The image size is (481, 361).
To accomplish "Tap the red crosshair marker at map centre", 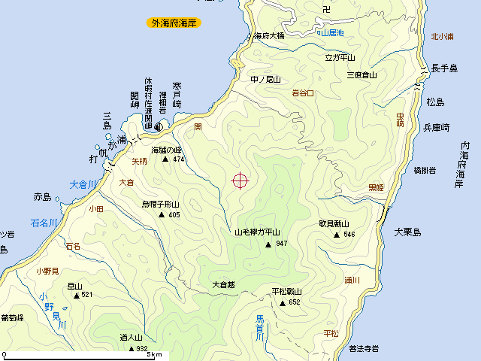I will (240, 180).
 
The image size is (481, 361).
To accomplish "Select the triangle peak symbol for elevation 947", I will (268, 244).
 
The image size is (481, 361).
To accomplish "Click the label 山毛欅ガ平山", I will (257, 232).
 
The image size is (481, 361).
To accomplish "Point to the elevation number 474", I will (178, 159).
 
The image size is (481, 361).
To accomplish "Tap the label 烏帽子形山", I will (161, 205).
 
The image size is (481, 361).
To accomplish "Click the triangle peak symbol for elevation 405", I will (161, 215).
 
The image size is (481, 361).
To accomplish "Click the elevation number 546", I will (348, 235).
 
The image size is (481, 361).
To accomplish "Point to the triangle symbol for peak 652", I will (283, 303).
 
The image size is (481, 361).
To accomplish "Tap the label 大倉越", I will (223, 284).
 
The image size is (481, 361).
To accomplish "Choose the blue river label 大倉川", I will (83, 184).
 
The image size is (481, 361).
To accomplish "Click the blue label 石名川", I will (44, 223).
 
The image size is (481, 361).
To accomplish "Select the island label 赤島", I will (42, 197).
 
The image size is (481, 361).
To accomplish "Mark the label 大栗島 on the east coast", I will (407, 232).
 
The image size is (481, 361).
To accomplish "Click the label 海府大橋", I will (268, 35).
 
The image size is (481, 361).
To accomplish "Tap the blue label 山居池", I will (331, 33).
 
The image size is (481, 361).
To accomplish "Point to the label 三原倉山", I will (361, 75).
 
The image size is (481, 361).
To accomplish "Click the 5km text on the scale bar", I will (154, 354).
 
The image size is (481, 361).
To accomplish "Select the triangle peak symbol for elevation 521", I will (76, 296).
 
